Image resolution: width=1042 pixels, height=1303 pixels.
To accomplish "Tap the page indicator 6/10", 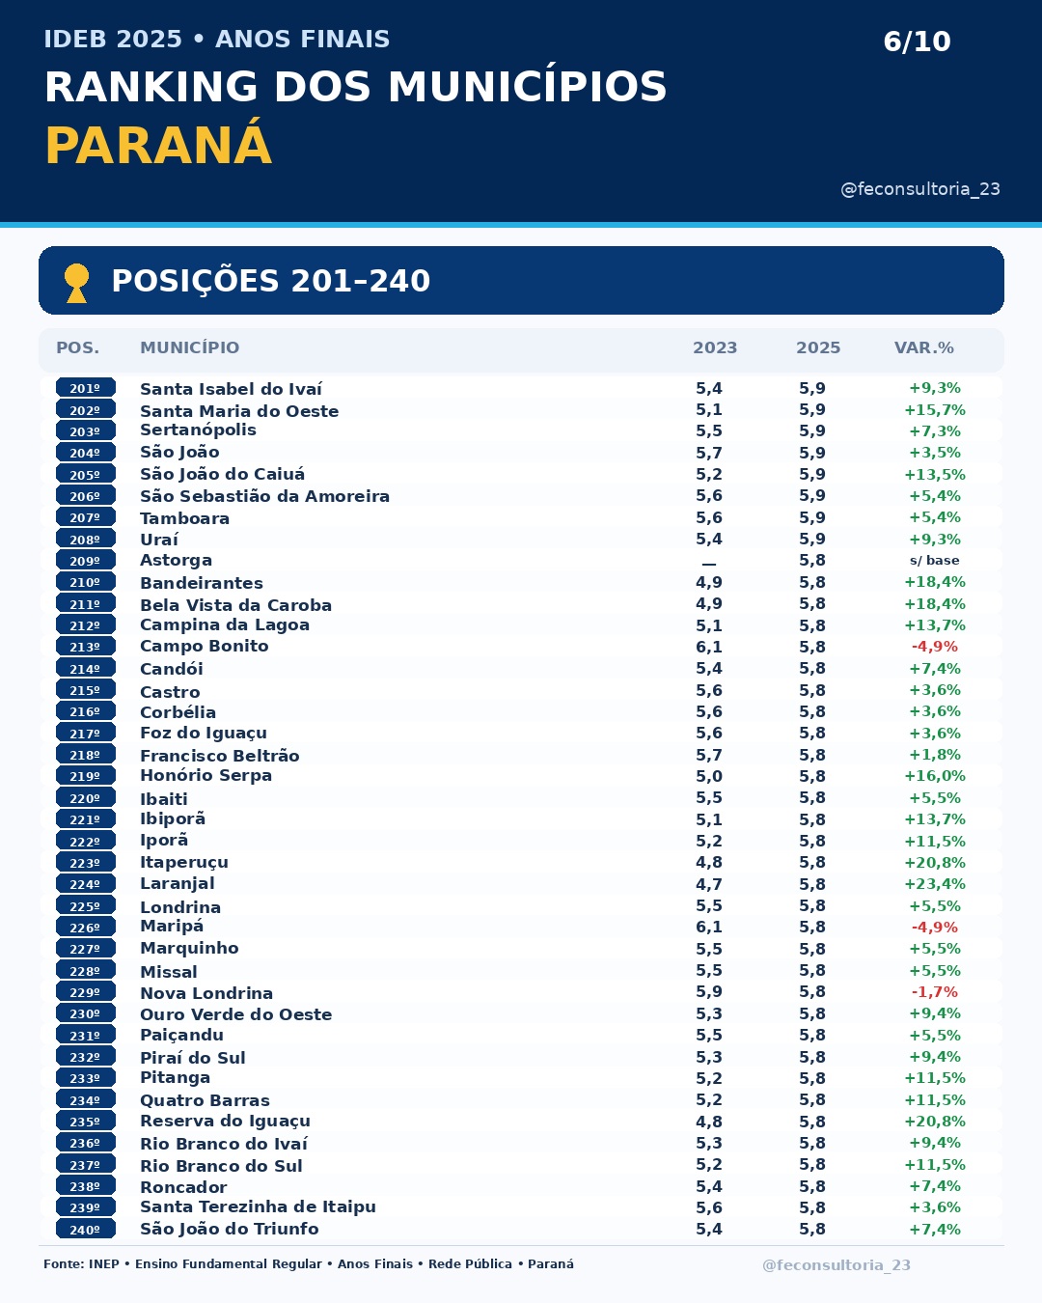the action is pyautogui.click(x=917, y=42).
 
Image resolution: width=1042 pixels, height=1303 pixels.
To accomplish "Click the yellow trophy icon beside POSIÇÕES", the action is pyautogui.click(x=76, y=283).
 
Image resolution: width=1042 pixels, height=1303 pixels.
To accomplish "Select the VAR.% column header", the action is pyautogui.click(x=924, y=347).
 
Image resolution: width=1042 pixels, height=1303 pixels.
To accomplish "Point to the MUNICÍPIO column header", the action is pyautogui.click(x=189, y=347).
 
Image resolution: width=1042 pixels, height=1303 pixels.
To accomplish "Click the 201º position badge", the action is pyautogui.click(x=85, y=388).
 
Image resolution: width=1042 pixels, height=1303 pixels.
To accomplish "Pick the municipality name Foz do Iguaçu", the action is pyautogui.click(x=204, y=734).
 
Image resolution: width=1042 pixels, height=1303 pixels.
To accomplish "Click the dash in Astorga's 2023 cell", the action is pyautogui.click(x=708, y=564).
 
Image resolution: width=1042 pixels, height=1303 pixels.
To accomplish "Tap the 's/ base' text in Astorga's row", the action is pyautogui.click(x=934, y=561).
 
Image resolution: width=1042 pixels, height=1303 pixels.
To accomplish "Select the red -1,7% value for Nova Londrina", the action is pyautogui.click(x=934, y=992).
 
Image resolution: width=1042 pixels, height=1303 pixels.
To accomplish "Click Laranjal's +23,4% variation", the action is pyautogui.click(x=934, y=884).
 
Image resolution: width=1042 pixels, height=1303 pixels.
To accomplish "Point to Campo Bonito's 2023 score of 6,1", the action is pyautogui.click(x=708, y=647).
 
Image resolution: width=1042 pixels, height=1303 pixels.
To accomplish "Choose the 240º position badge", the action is pyautogui.click(x=85, y=1230).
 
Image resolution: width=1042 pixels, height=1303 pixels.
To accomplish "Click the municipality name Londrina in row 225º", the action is pyautogui.click(x=180, y=907).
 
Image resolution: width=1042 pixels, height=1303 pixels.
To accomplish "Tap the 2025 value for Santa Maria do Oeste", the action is pyautogui.click(x=812, y=410).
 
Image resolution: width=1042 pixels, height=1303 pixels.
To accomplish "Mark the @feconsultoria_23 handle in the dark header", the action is pyautogui.click(x=920, y=189).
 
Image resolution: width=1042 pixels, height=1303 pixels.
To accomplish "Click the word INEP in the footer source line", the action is pyautogui.click(x=103, y=1264).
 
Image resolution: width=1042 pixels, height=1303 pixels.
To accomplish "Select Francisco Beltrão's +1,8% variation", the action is pyautogui.click(x=934, y=755).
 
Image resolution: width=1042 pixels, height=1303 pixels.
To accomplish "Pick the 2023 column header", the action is pyautogui.click(x=714, y=347).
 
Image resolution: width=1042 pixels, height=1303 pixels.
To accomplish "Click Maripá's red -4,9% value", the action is pyautogui.click(x=934, y=927).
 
